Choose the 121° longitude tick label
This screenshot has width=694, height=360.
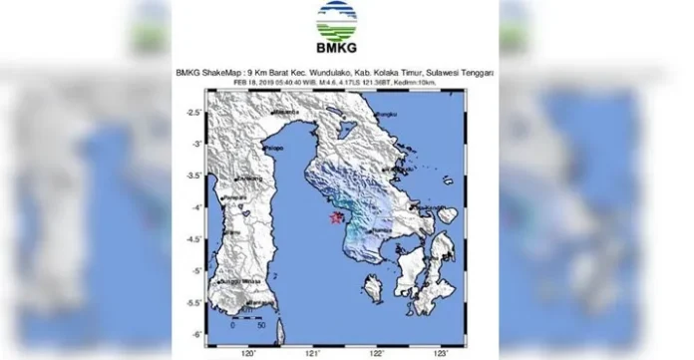point(314,353)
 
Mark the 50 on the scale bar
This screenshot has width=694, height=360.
point(260,325)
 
